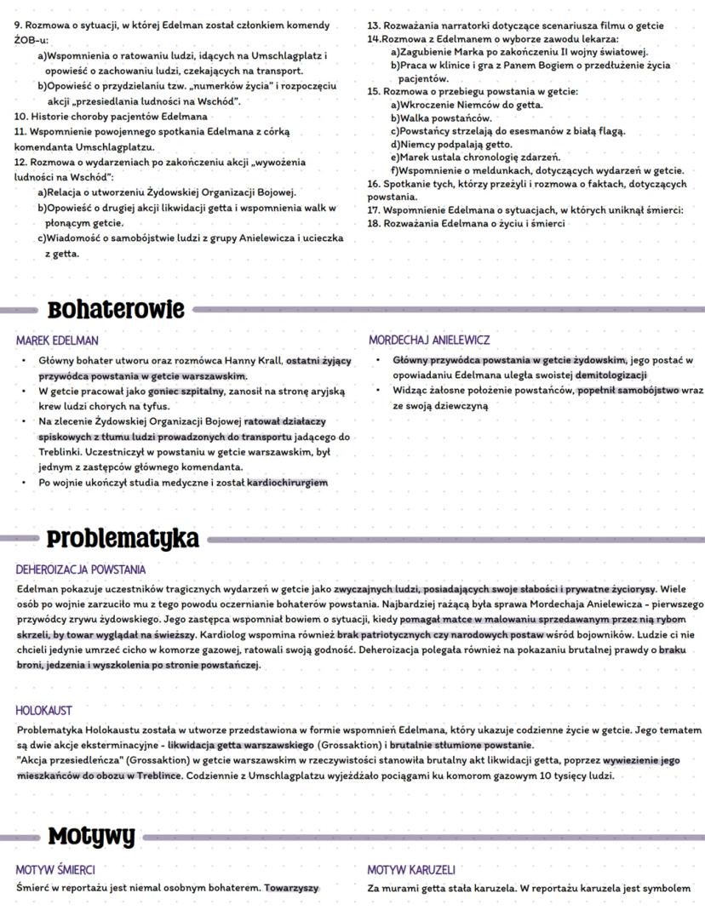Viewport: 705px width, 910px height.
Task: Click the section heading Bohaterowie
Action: tap(116, 309)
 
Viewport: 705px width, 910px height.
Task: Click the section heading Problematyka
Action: tap(123, 539)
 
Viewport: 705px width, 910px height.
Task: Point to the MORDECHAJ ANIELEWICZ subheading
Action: tap(429, 341)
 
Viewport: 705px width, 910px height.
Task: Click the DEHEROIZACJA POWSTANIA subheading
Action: tap(81, 569)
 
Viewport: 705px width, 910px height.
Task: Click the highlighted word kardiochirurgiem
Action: tap(288, 484)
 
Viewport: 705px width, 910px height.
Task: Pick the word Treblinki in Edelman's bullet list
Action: tap(60, 452)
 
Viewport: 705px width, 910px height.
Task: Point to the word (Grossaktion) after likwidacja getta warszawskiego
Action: tap(333, 746)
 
